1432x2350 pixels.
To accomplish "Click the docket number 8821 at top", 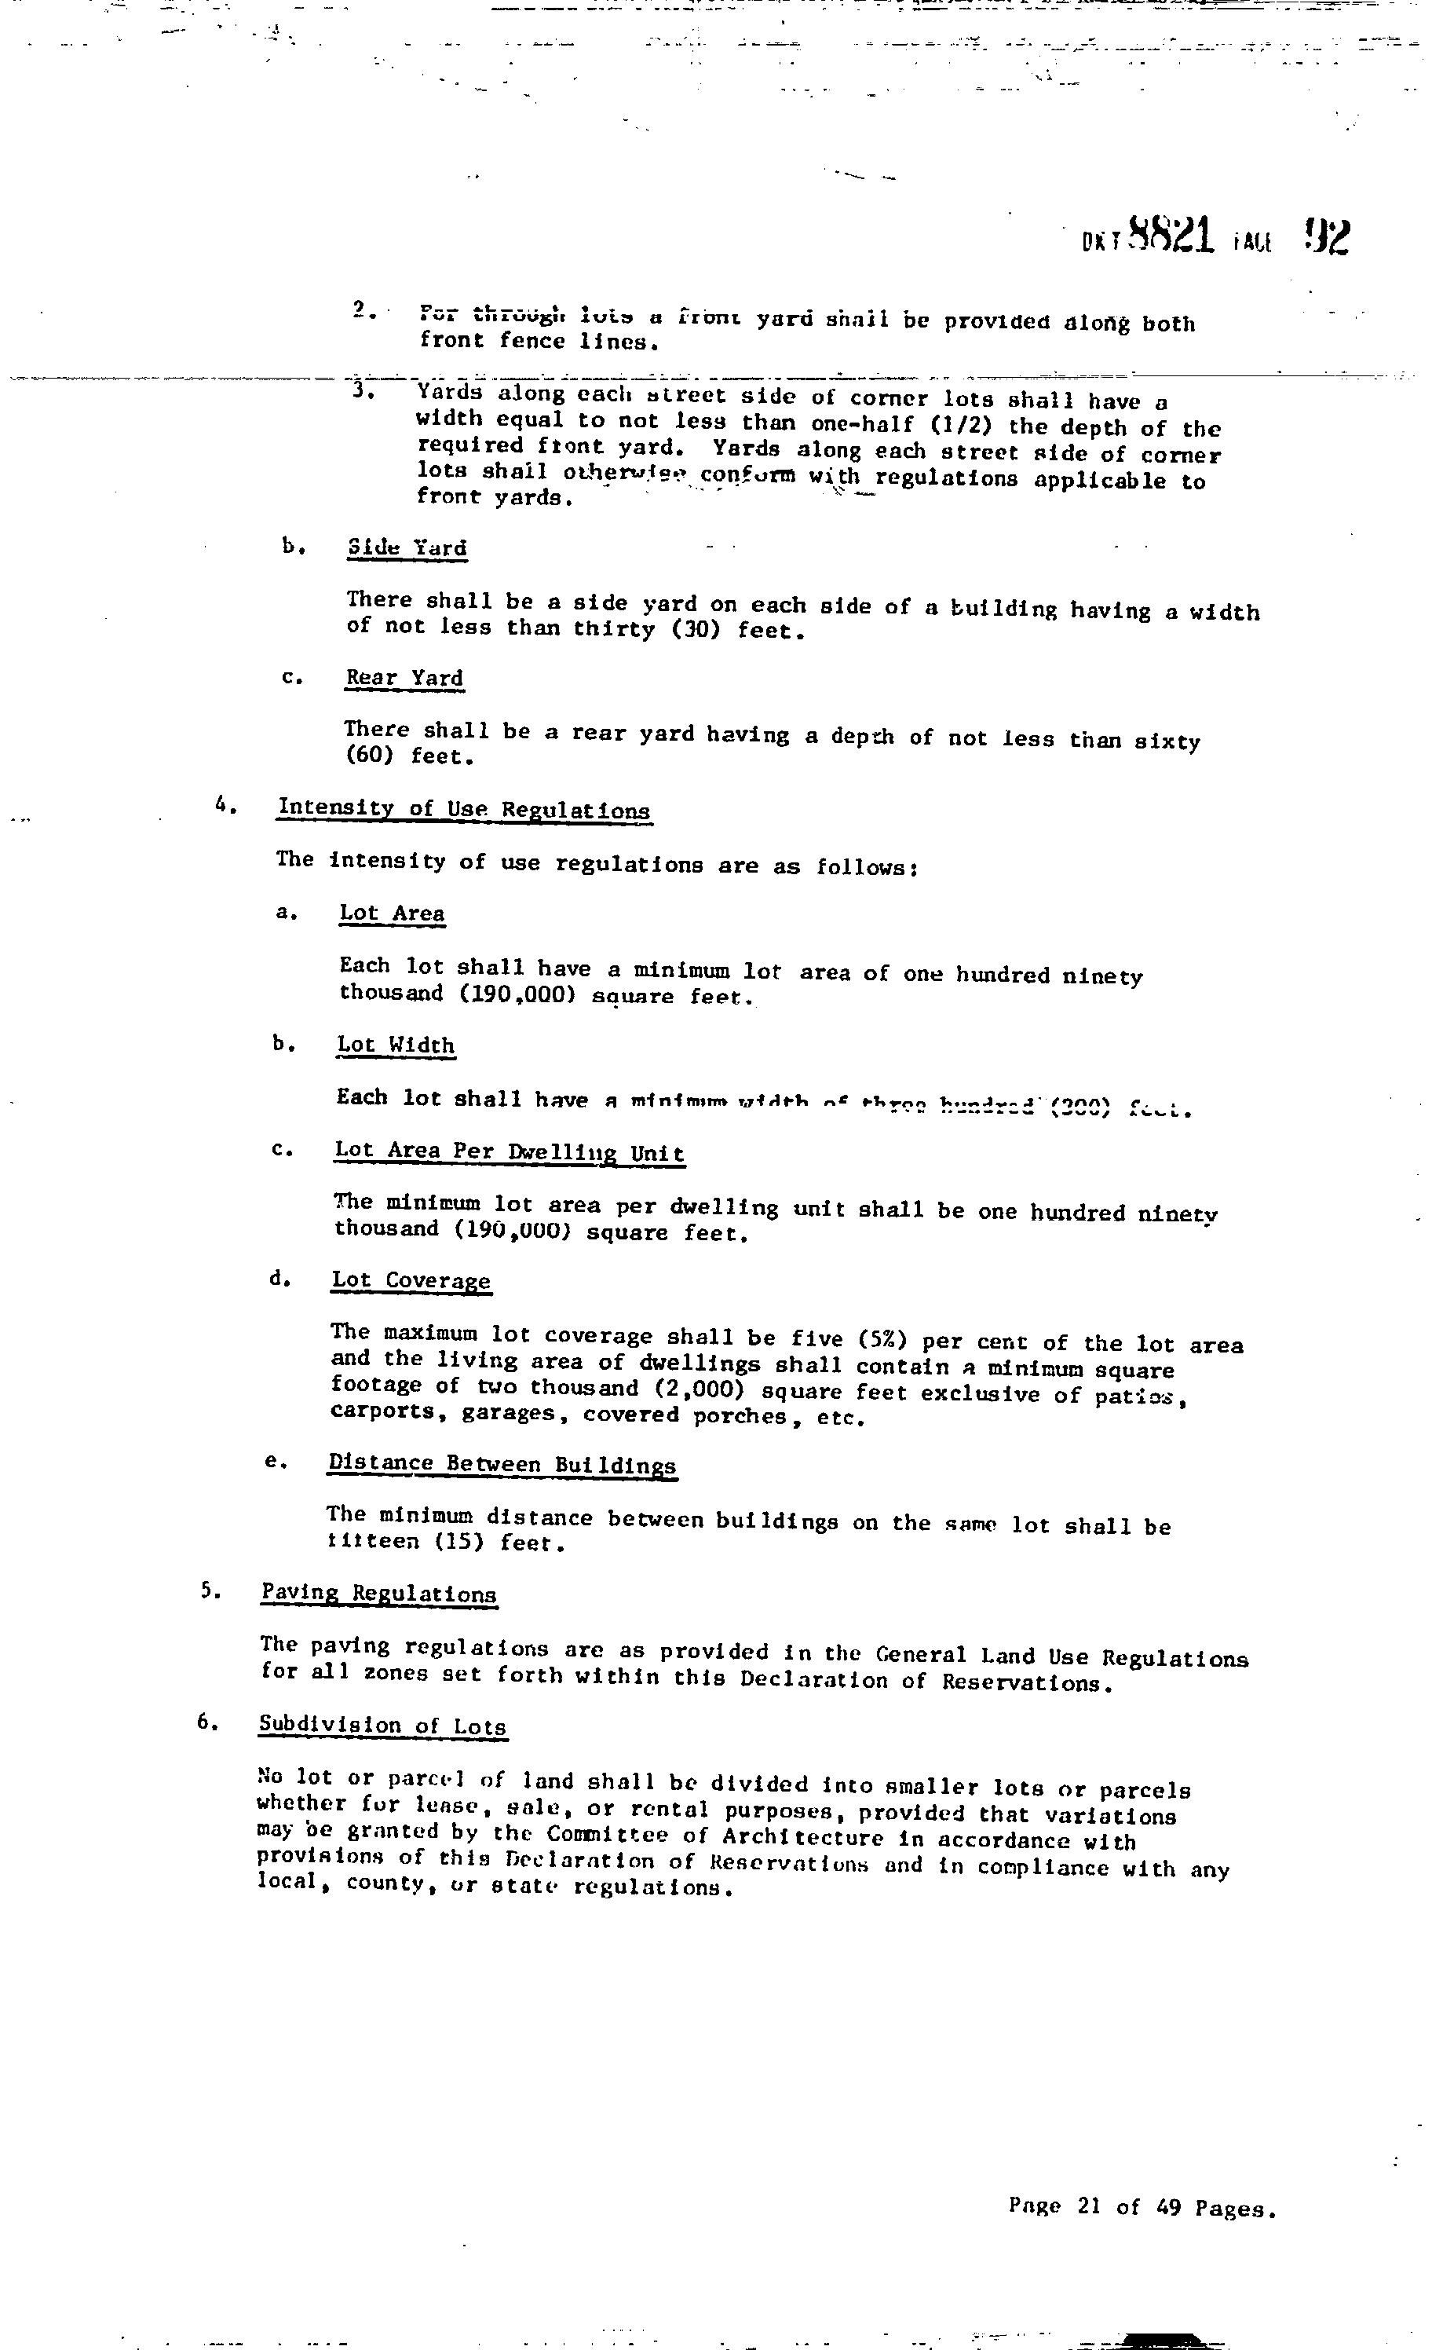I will [x=1171, y=235].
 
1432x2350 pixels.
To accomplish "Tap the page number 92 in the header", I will [x=1326, y=236].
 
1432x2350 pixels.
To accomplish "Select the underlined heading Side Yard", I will [x=407, y=547].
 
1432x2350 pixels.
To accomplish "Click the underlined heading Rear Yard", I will [x=404, y=678].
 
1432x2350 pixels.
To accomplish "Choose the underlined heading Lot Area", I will [x=392, y=913].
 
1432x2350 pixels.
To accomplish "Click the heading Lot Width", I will [x=396, y=1045].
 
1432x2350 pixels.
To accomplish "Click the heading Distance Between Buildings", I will [x=502, y=1464].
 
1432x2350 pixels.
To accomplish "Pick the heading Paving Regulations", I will [x=378, y=1593].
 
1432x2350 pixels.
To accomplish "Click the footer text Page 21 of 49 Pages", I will [x=1142, y=2208].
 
